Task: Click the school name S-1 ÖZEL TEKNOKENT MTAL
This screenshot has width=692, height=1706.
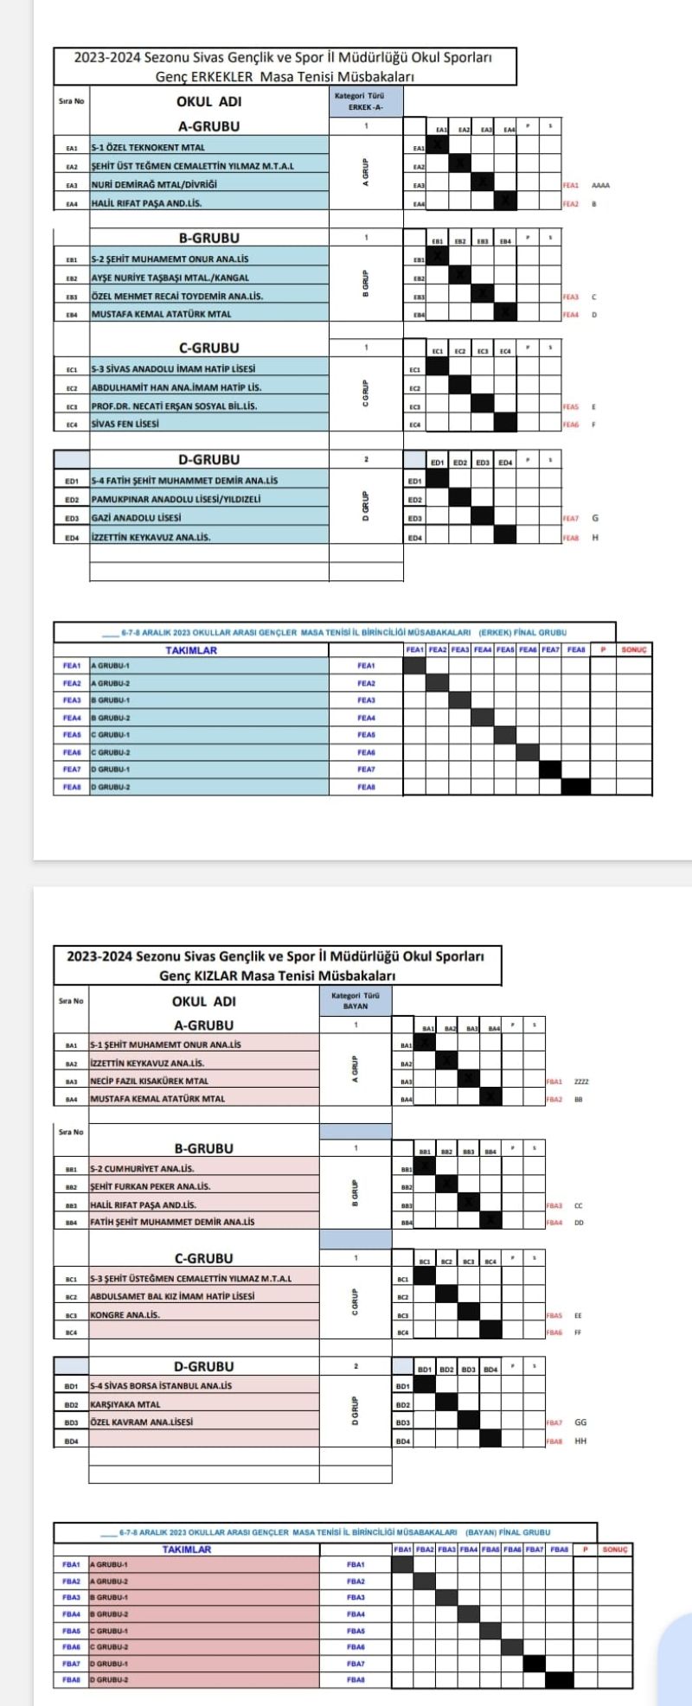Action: click(x=148, y=147)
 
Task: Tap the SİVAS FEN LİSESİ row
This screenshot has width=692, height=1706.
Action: click(x=126, y=424)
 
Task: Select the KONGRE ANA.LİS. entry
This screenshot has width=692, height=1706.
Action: click(x=125, y=1314)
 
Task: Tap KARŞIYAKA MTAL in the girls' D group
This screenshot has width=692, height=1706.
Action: click(x=125, y=1404)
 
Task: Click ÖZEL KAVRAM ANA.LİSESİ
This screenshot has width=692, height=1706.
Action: click(x=142, y=1422)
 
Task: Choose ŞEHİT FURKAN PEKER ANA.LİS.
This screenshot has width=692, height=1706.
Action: click(x=151, y=1186)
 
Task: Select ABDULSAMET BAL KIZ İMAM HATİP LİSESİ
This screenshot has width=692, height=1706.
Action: click(x=172, y=1296)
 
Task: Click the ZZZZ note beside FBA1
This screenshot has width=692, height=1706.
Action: click(x=582, y=1081)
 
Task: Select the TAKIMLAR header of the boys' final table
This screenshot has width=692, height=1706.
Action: click(x=191, y=650)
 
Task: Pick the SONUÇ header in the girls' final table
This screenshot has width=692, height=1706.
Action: click(x=615, y=1549)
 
